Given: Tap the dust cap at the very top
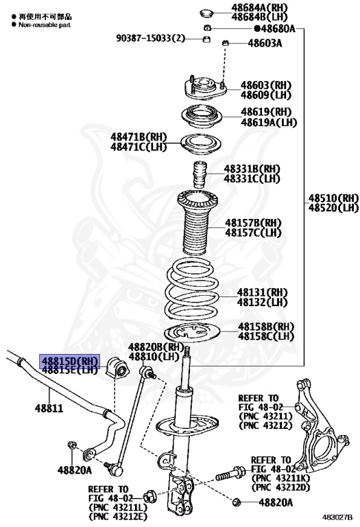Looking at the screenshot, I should coord(205,12).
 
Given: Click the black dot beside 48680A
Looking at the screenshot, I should coord(256,28).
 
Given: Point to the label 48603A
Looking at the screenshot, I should coord(265,44).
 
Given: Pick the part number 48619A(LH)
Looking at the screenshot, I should coord(268,122).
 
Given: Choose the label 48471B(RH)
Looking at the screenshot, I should coord(139,137).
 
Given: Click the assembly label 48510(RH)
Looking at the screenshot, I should coord(333,198).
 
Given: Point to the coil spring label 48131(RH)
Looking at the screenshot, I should coord(263,292).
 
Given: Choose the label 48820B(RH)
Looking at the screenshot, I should coord(157,347).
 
